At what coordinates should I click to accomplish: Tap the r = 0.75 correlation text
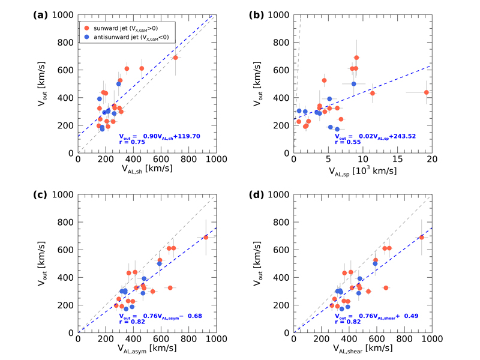click(131, 142)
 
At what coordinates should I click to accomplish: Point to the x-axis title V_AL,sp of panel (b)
click(362, 170)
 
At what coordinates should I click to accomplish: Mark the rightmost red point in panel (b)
click(427, 92)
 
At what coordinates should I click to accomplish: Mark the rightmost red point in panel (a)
click(175, 58)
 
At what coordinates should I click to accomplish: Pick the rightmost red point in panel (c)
click(206, 237)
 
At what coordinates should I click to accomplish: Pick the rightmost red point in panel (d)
click(421, 237)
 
